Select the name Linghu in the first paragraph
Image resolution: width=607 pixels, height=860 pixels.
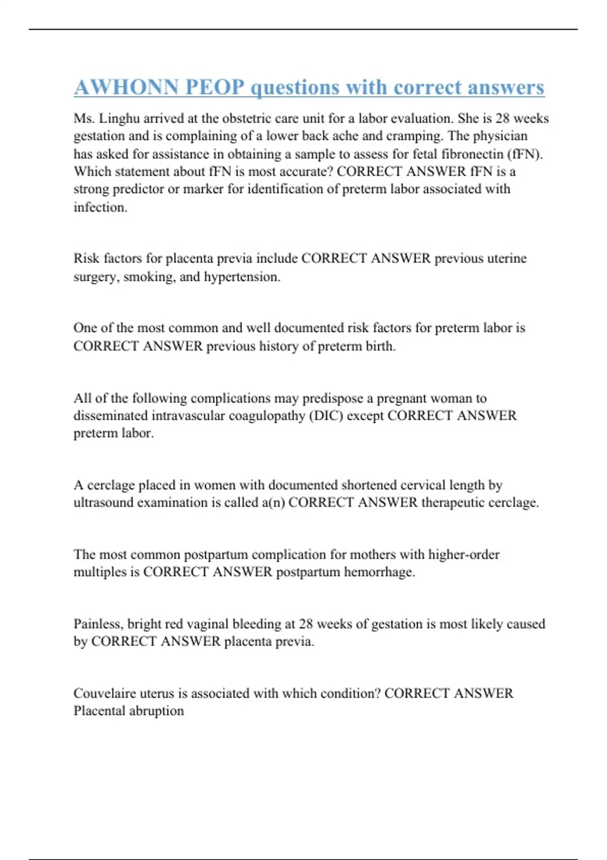coord(120,118)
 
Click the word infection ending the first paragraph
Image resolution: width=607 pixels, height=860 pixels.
coord(100,207)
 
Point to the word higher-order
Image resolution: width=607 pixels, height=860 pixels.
coord(463,554)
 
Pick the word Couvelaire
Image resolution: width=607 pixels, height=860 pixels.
coord(104,693)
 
